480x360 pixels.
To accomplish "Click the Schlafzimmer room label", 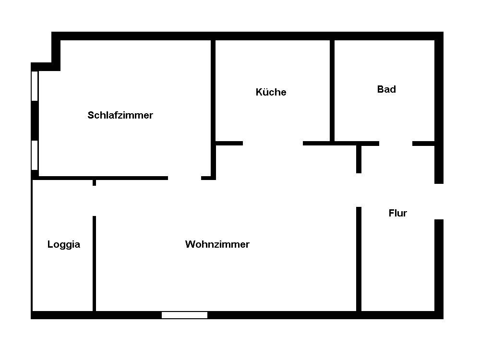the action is pyautogui.click(x=120, y=115).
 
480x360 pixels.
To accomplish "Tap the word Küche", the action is pyautogui.click(x=271, y=92).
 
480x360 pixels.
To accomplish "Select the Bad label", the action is pyautogui.click(x=386, y=89).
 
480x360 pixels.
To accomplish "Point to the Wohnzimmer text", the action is pyautogui.click(x=217, y=244).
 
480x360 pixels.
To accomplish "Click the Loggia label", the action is pyautogui.click(x=64, y=244).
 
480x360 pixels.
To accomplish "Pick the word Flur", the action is pyautogui.click(x=397, y=213).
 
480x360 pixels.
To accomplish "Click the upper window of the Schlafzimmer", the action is pyautogui.click(x=35, y=86).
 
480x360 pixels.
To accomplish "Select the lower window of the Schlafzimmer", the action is pyautogui.click(x=35, y=155).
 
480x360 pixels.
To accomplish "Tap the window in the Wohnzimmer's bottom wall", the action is pyautogui.click(x=184, y=315).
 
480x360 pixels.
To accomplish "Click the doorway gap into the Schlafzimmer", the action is pyautogui.click(x=184, y=178).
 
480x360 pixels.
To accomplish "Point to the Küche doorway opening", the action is pyautogui.click(x=273, y=143).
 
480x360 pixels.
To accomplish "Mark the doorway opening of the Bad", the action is pyautogui.click(x=396, y=143).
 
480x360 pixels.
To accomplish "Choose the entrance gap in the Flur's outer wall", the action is pyautogui.click(x=439, y=202).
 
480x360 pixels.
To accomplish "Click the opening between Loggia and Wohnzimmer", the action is pyautogui.click(x=94, y=201).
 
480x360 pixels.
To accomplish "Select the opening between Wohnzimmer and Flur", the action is pyautogui.click(x=359, y=190).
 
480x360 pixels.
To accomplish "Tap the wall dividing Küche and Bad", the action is pyautogui.click(x=332, y=91).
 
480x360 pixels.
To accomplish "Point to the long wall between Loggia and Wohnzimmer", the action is pyautogui.click(x=94, y=264).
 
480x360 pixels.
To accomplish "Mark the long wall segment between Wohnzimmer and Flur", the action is pyautogui.click(x=359, y=259).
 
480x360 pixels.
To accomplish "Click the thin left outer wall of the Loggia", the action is pyautogui.click(x=32, y=245).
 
